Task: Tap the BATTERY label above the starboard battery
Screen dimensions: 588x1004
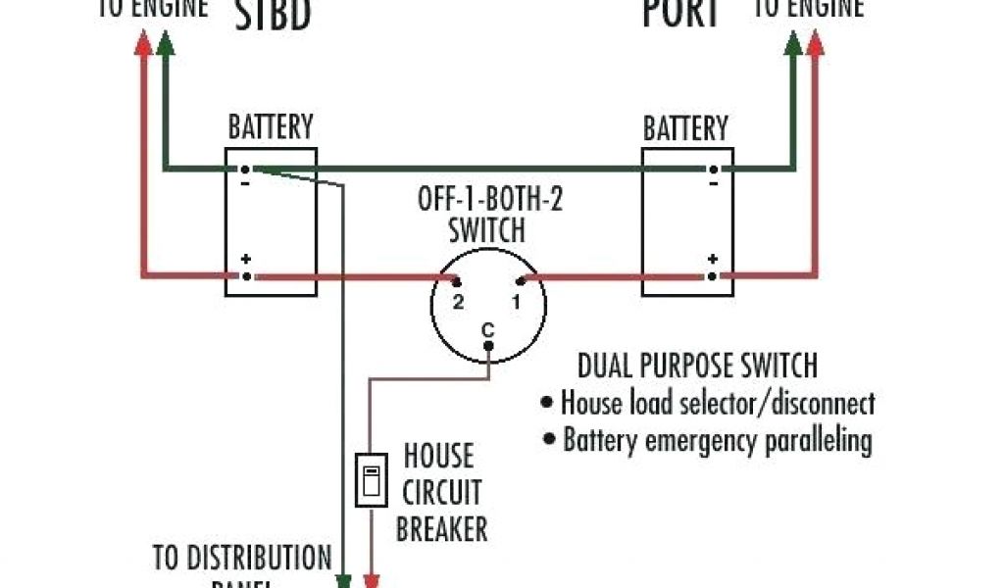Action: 271,127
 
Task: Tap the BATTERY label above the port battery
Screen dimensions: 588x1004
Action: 685,128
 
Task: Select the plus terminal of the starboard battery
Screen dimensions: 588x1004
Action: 245,276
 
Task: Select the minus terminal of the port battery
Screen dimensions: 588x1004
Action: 713,169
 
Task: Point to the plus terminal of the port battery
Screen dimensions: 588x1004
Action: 713,276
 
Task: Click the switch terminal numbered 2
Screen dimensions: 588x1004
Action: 457,282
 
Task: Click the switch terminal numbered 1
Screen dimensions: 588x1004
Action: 521,282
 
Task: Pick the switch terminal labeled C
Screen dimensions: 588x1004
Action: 488,344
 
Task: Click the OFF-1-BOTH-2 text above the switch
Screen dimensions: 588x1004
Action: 491,202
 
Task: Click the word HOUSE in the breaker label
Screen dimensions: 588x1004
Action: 438,457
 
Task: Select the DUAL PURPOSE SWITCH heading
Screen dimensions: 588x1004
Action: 696,367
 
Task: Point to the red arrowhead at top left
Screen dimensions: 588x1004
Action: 143,42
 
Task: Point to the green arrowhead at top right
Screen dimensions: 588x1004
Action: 793,42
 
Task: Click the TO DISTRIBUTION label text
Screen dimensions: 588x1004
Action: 242,559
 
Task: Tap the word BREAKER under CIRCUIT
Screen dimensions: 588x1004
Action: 443,529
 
